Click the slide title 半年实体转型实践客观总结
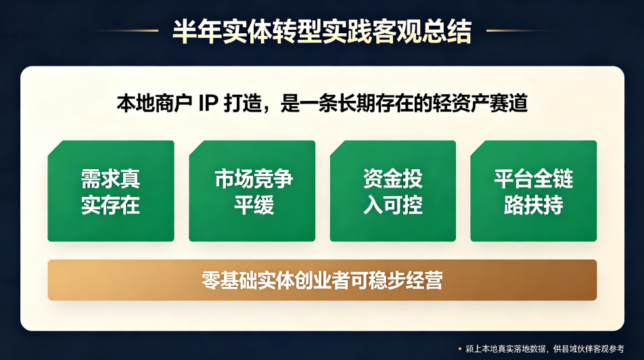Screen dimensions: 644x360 tap(322, 31)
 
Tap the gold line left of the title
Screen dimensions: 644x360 tap(123, 30)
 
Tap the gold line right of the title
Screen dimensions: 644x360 tap(521, 30)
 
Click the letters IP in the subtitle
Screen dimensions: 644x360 tap(208, 103)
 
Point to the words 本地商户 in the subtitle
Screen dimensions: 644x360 tap(154, 103)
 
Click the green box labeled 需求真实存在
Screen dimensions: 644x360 tap(111, 191)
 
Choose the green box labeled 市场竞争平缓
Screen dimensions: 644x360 tap(252, 191)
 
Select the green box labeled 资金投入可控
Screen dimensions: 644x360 tap(393, 191)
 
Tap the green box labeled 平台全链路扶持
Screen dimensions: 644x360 tap(534, 191)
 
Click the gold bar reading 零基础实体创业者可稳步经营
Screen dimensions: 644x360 tap(322, 280)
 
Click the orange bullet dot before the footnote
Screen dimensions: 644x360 tap(460, 349)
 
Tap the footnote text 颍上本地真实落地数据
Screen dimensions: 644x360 tap(505, 349)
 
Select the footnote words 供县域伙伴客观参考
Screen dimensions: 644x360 tap(589, 349)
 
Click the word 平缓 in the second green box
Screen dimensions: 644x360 tap(254, 204)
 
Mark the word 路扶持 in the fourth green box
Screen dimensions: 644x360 tap(534, 204)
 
